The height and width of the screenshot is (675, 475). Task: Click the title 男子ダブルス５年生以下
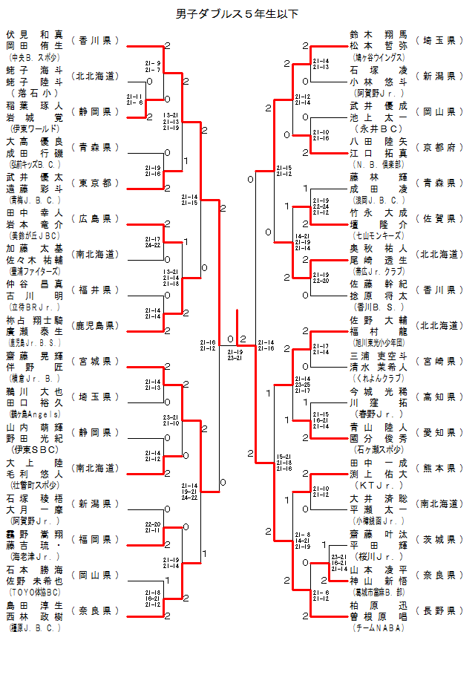(x=237, y=13)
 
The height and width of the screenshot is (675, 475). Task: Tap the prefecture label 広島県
(x=95, y=218)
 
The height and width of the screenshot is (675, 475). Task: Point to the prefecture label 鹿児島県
(x=95, y=325)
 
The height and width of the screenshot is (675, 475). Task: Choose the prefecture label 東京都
(x=95, y=183)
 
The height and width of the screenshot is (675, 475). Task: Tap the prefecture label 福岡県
(x=95, y=539)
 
